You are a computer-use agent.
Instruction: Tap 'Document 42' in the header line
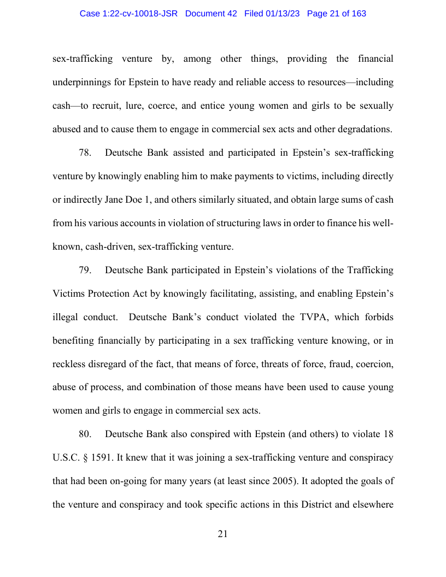tap(211, 14)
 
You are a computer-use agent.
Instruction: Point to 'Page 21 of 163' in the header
tap(337, 14)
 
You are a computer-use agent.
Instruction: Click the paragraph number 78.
tap(85, 152)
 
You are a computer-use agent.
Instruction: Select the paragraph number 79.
tap(85, 270)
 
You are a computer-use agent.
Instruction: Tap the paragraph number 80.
tap(85, 434)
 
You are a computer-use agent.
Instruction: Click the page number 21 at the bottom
tap(222, 534)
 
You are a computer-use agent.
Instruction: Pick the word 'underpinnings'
tap(80, 82)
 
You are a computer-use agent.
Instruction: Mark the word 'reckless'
tap(69, 364)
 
